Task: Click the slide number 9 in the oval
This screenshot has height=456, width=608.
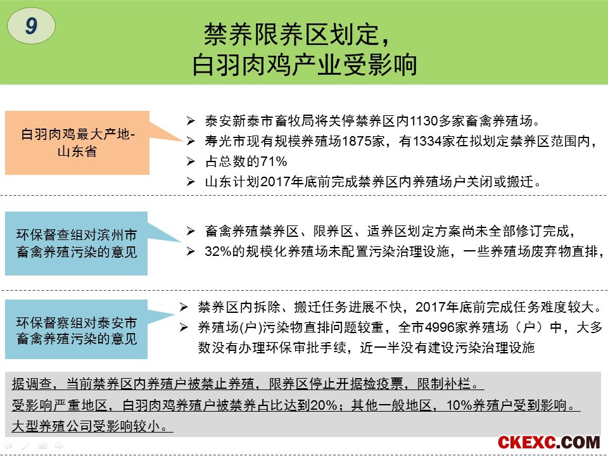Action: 32,25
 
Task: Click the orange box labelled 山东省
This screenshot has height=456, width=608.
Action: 77,142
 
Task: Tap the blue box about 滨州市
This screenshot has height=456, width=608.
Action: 77,243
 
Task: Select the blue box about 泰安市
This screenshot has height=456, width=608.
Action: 77,329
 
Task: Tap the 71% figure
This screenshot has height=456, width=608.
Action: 274,161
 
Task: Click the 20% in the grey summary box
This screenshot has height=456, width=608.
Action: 324,405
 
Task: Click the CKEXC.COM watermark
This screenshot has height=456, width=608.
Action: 548,443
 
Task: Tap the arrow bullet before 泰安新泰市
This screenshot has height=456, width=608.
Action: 191,121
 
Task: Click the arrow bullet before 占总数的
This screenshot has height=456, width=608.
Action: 191,161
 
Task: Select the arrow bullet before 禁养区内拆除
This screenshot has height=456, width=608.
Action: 184,308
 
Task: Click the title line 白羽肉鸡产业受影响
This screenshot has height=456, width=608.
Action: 305,65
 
